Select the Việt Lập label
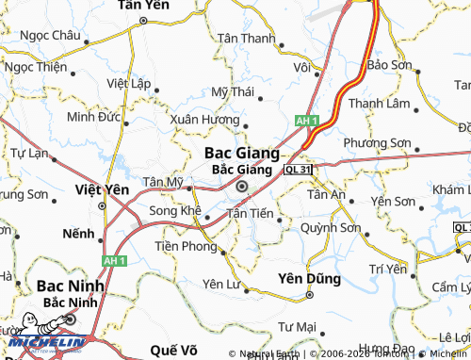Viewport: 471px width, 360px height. coord(130,83)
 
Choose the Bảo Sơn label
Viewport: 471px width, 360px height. coord(390,64)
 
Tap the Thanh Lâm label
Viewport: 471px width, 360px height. coord(376,103)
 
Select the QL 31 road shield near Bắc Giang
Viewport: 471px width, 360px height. coord(297,168)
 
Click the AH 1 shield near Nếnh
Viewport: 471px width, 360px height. coord(115,260)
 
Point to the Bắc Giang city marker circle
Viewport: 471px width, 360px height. coord(242,187)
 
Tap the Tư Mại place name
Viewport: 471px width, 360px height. coord(297,325)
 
